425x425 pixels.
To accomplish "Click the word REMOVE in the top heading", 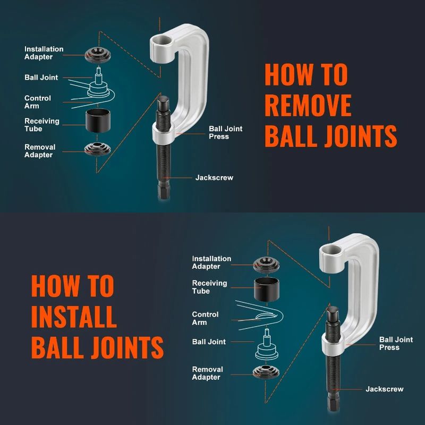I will tap(308, 105).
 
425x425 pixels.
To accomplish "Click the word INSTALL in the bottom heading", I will tap(73, 317).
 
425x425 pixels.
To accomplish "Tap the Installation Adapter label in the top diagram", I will tap(44, 53).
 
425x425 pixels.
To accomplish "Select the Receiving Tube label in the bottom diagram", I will tap(209, 287).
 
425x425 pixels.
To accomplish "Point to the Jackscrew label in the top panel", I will tap(214, 177).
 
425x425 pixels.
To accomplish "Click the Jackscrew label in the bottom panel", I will tap(384, 389).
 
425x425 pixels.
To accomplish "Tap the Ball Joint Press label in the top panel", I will tap(226, 132).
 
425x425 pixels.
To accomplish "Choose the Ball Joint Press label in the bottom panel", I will tap(396, 343).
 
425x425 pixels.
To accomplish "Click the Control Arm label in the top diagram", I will tap(38, 102).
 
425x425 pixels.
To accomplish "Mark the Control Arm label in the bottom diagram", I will tap(206, 318).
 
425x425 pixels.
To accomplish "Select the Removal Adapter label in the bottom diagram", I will tap(207, 373).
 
